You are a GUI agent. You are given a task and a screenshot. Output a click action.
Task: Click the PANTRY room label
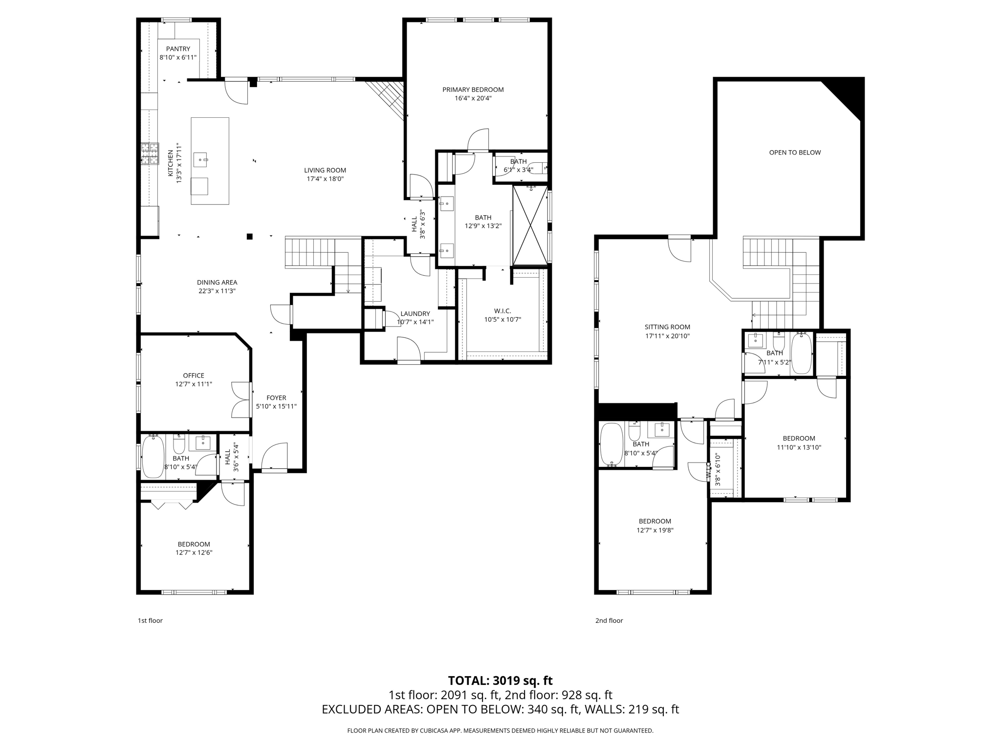[178, 49]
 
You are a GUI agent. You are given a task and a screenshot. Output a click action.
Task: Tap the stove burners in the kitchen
[150, 154]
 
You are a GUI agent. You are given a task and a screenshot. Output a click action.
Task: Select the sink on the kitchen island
[201, 159]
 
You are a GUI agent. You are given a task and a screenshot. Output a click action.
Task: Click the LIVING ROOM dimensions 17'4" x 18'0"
[325, 179]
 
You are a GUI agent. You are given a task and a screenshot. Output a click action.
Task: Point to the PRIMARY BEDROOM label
[473, 89]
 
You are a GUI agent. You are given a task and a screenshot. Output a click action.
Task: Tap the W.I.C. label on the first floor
[502, 311]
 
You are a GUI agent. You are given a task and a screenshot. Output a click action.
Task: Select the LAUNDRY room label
[415, 314]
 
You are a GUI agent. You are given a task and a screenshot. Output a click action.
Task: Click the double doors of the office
[241, 399]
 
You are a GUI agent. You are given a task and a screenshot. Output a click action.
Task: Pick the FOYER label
[276, 398]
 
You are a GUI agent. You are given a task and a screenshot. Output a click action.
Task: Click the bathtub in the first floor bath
[152, 457]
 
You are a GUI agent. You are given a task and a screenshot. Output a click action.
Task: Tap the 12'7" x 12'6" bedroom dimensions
[194, 552]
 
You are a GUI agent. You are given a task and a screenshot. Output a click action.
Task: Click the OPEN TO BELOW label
[795, 153]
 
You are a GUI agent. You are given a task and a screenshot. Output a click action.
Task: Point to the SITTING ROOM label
[667, 327]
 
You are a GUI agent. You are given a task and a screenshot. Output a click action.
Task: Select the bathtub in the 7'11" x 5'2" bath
[801, 353]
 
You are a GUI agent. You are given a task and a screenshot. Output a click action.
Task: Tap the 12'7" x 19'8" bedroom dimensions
[654, 530]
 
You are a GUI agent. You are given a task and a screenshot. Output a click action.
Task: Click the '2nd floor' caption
[609, 620]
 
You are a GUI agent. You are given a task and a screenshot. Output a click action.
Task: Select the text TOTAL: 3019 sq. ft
[500, 681]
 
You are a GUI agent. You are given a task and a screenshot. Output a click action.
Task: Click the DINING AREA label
[217, 282]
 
